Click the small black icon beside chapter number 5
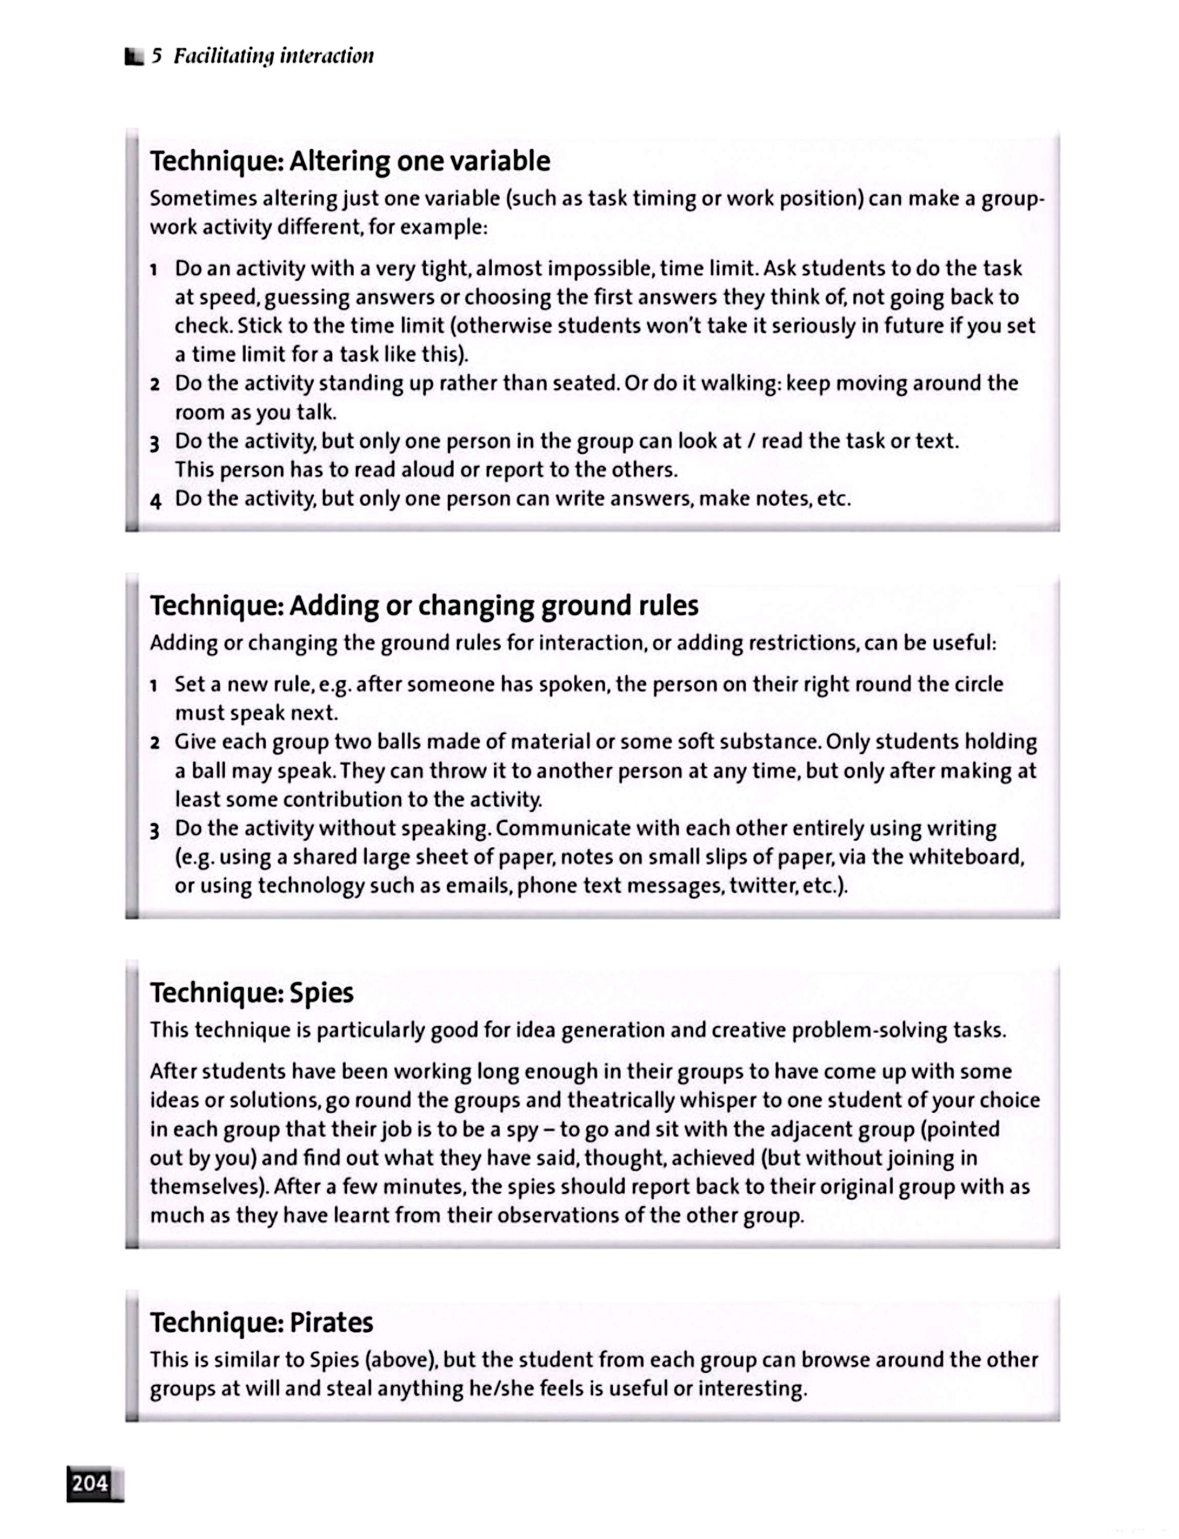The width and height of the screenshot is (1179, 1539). coord(133,56)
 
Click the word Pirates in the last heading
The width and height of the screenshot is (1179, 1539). coord(331,1323)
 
